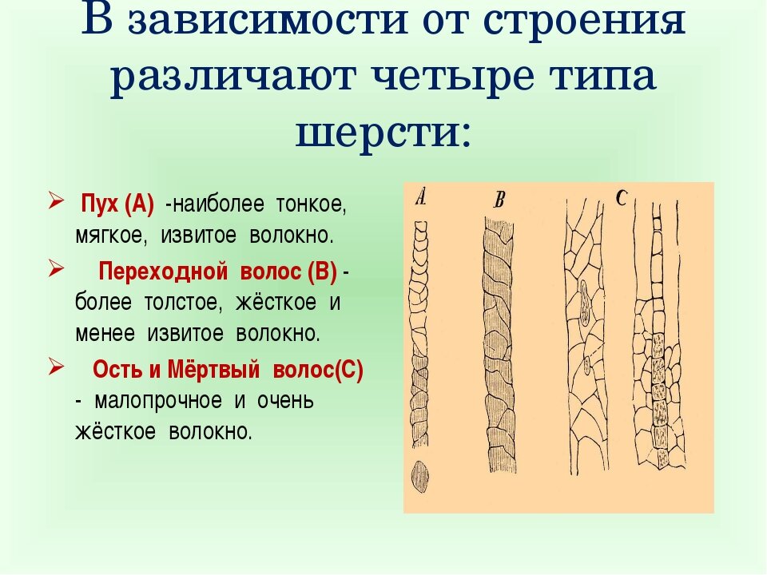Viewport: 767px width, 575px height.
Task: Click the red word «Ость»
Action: coord(113,371)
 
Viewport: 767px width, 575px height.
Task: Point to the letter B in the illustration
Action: coord(499,200)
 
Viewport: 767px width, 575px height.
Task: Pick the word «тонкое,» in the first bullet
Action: coord(311,204)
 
